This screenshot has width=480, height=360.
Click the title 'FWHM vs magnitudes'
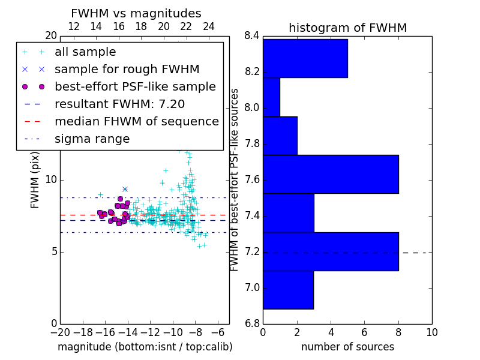pyautogui.click(x=136, y=13)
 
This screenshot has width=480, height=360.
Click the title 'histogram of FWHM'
pyautogui.click(x=347, y=28)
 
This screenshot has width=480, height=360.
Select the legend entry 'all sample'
pyautogui.click(x=85, y=52)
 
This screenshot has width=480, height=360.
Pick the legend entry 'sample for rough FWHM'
pyautogui.click(x=127, y=70)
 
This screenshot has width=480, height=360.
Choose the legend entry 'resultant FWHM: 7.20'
pyautogui.click(x=119, y=104)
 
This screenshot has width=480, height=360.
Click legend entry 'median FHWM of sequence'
pyautogui.click(x=136, y=121)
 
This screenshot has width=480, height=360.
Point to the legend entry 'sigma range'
pyautogui.click(x=92, y=139)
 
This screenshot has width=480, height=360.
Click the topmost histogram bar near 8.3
pyautogui.click(x=305, y=58)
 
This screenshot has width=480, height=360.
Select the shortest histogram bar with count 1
pyautogui.click(x=271, y=97)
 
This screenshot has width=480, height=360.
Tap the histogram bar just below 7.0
pyautogui.click(x=288, y=290)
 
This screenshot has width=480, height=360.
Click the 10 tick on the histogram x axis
pyautogui.click(x=431, y=332)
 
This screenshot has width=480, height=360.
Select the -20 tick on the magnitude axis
pyautogui.click(x=59, y=332)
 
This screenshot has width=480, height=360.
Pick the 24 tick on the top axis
pyautogui.click(x=209, y=26)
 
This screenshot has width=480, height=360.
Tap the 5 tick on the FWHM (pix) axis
pyautogui.click(x=53, y=251)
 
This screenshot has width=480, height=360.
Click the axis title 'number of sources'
pyautogui.click(x=347, y=347)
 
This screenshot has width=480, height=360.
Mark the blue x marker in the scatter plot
pyautogui.click(x=125, y=189)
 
